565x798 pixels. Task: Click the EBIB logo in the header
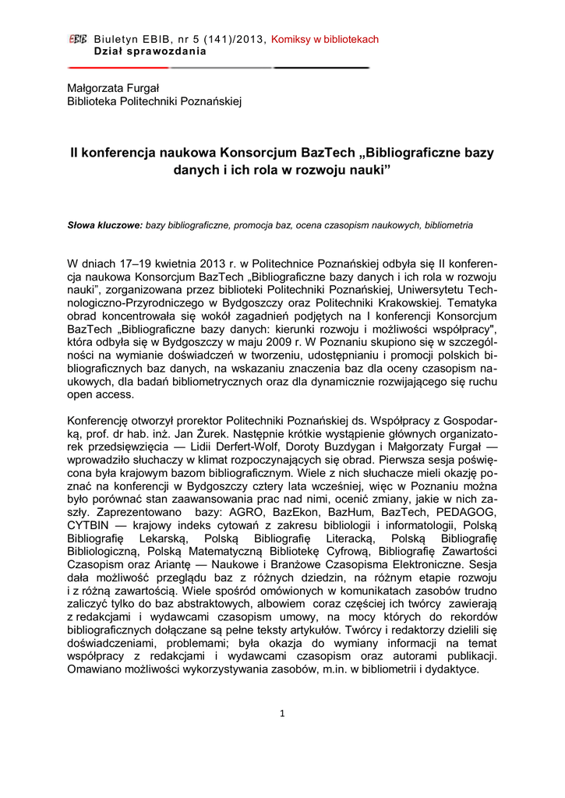tap(78, 39)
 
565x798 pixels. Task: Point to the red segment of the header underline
tap(117, 68)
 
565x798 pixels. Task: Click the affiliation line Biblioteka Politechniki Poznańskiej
tap(155, 101)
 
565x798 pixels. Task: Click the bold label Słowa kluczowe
tap(104, 225)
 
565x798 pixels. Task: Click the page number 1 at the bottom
tap(282, 714)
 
